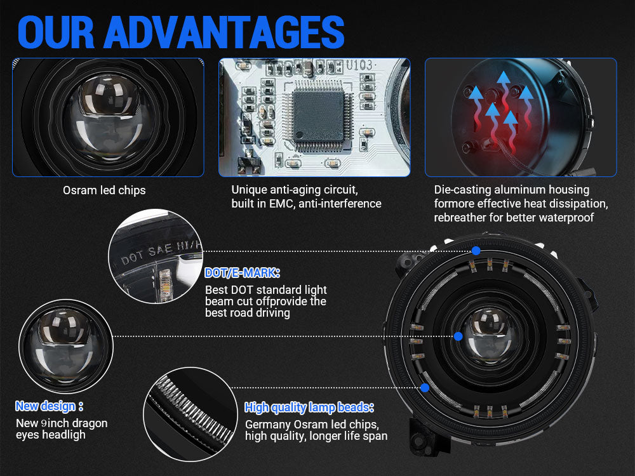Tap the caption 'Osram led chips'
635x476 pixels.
(104, 190)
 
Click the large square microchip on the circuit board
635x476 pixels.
(318, 116)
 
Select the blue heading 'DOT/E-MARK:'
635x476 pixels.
(242, 273)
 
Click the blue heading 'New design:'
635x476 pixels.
(50, 406)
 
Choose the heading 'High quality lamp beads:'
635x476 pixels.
(309, 407)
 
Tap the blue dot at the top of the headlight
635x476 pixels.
(476, 251)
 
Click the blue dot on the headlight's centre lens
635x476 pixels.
(458, 336)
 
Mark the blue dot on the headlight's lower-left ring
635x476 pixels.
(425, 388)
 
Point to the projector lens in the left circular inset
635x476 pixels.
(65, 344)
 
